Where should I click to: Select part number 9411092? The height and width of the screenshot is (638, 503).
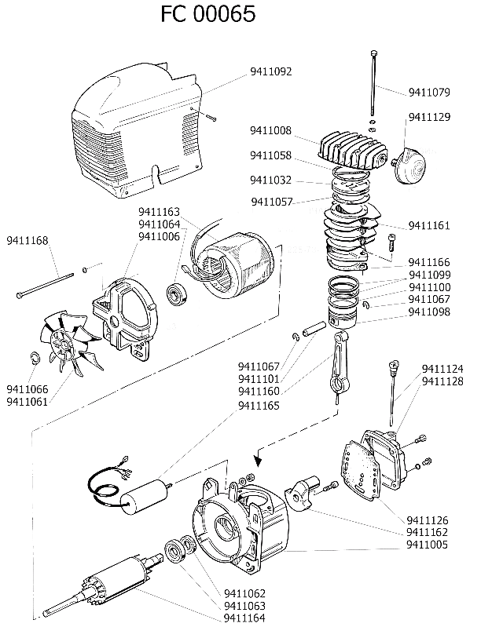(x=271, y=72)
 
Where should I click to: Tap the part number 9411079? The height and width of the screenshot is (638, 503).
(x=429, y=93)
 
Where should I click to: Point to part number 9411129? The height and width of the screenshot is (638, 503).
(x=429, y=117)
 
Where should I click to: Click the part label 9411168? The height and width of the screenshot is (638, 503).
(x=28, y=240)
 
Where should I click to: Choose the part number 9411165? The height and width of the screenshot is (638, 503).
(x=259, y=406)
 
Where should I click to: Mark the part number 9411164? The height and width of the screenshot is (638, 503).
(x=244, y=618)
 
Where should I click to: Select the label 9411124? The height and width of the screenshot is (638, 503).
(x=442, y=369)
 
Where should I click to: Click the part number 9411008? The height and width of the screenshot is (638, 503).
(x=271, y=130)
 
